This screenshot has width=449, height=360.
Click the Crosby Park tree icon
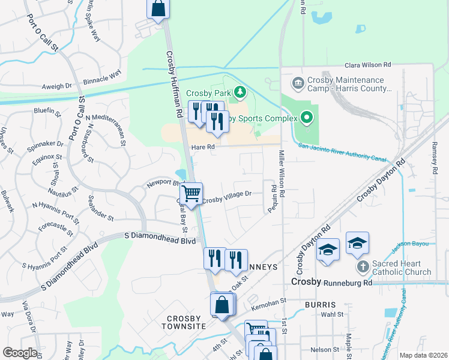[x=240, y=92]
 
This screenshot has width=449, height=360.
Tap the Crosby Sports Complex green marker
[x=307, y=118]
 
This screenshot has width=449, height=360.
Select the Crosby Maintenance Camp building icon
[x=297, y=82]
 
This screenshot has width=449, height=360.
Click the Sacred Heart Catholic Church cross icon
[x=363, y=265]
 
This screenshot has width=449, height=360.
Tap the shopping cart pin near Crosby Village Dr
[x=191, y=193]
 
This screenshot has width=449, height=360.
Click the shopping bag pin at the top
[x=158, y=9]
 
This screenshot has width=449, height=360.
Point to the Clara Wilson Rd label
[x=367, y=65]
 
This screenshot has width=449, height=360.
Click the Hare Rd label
[x=203, y=146]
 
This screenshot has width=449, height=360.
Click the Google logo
[x=20, y=353]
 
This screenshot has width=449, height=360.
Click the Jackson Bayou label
[x=411, y=243]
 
